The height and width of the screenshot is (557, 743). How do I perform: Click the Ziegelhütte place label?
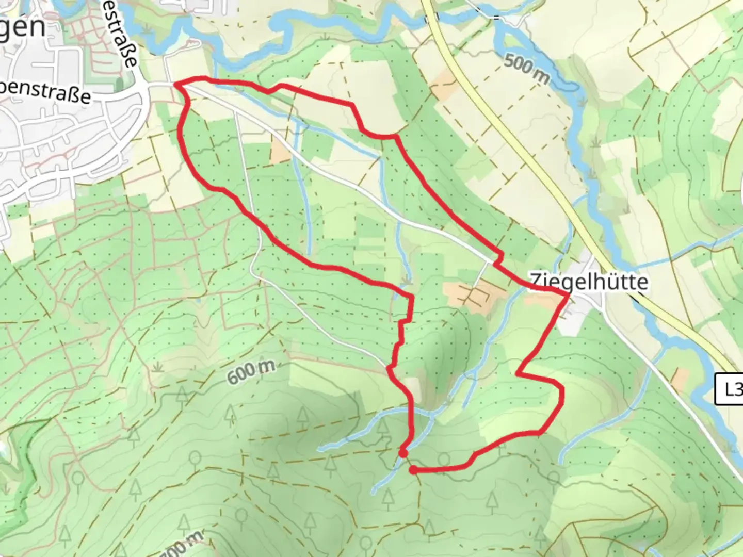pos(589,282)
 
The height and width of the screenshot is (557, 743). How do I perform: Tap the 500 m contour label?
pos(526,70)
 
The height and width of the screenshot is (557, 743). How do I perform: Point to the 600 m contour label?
pos(251,371)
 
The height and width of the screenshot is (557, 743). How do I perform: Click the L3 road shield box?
pos(730,389)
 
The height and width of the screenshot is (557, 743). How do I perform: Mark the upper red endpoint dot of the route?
pos(403,453)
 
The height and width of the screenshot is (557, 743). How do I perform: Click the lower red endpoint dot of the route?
pos(413,469)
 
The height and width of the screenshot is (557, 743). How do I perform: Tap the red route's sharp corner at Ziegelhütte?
pos(568,294)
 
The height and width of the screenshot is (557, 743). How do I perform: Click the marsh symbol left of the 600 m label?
pos(158,367)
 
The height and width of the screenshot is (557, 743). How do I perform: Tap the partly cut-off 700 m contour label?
pos(181,546)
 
